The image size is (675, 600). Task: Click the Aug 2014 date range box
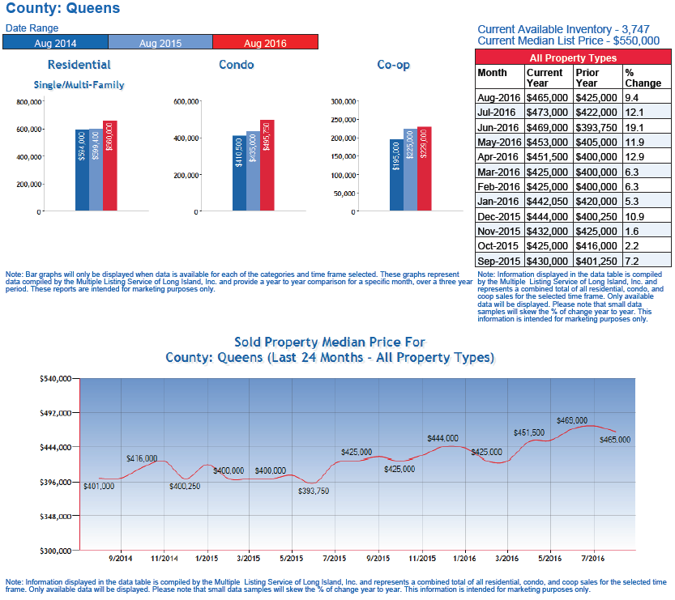55,43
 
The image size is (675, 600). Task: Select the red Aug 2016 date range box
265,43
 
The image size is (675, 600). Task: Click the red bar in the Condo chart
267,166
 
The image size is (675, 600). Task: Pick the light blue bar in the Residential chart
96,168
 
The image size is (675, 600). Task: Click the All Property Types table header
573,57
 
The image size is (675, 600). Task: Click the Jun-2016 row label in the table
498,126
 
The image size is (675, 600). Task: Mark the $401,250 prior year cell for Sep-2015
596,260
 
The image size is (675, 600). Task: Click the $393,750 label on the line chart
313,491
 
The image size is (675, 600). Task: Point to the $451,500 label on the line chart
528,432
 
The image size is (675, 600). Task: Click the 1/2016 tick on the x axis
464,558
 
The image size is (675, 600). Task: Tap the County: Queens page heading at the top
62,9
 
